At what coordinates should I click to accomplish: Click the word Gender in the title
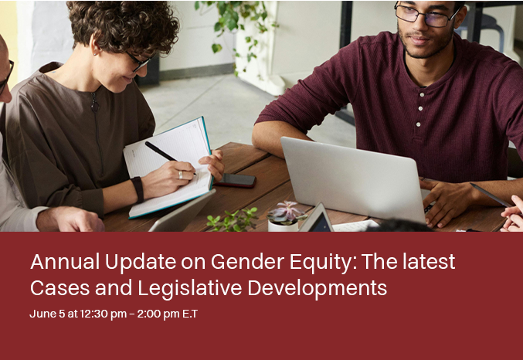[247, 262]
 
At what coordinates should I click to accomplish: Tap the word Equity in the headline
[323, 263]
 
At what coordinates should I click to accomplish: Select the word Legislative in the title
[190, 287]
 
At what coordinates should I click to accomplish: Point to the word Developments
[318, 288]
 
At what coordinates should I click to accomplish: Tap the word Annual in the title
[65, 262]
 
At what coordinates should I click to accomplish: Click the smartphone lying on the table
[236, 180]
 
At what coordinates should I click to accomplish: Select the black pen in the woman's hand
[170, 158]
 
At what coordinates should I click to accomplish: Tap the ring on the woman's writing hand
[181, 175]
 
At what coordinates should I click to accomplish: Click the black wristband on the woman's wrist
[138, 189]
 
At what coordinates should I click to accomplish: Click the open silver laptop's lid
[352, 178]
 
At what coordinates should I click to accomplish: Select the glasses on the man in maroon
[427, 15]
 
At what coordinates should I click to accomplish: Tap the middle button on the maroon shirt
[420, 108]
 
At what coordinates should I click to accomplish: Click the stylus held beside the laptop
[491, 195]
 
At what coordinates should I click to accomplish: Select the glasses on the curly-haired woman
[140, 62]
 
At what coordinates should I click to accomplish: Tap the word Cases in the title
[60, 288]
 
